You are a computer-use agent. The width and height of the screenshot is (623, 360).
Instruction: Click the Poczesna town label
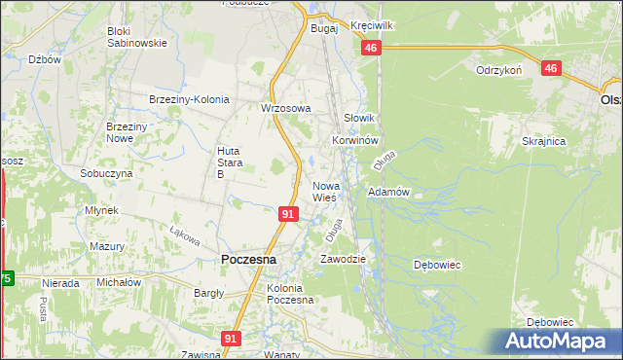tap(248, 260)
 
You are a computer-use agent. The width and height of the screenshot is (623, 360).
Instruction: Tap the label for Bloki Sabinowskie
tap(136, 37)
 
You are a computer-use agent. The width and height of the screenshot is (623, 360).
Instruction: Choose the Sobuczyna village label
tap(106, 172)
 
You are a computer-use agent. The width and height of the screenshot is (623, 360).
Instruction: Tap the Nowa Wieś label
tap(324, 192)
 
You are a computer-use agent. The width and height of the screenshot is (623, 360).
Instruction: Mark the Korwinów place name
tap(353, 140)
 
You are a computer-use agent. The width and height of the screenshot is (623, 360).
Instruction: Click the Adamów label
tap(387, 193)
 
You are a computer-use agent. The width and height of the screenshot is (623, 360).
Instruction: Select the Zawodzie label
tap(343, 259)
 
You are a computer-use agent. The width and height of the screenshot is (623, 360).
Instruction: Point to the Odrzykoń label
tap(500, 70)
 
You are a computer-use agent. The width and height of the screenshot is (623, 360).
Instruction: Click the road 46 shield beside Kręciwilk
tap(370, 49)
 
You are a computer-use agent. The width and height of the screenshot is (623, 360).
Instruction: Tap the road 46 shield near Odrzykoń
tap(552, 68)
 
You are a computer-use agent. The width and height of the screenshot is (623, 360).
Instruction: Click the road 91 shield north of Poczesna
tap(287, 213)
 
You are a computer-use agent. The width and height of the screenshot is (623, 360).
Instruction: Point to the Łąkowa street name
tap(184, 236)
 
